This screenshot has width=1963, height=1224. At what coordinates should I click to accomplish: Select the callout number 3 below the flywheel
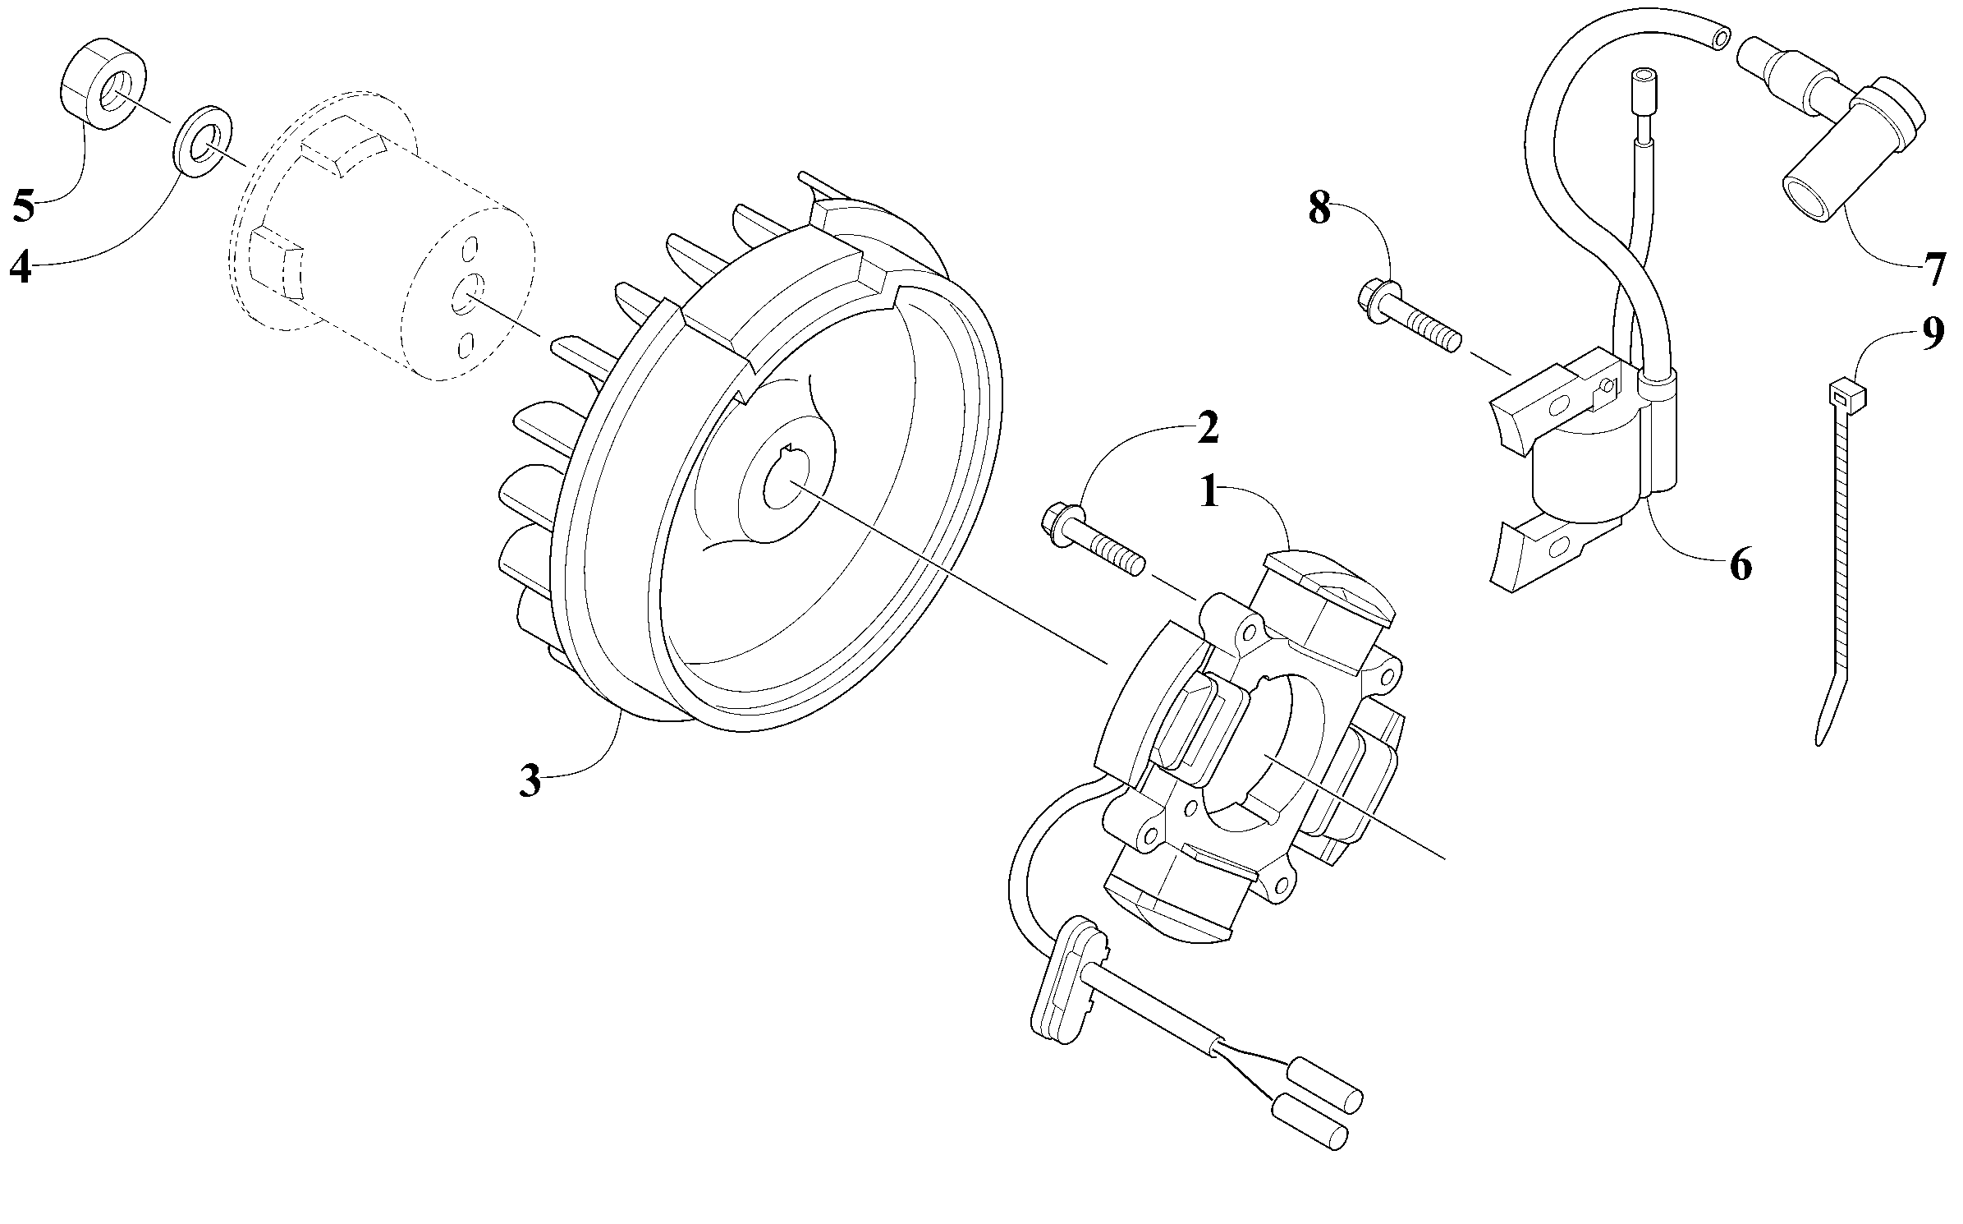click(x=530, y=780)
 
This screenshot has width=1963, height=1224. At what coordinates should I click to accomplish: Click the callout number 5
click(x=23, y=205)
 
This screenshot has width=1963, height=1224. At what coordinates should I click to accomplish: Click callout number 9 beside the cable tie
click(x=1933, y=334)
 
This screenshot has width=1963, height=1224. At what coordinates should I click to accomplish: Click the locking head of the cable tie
click(x=1846, y=395)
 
